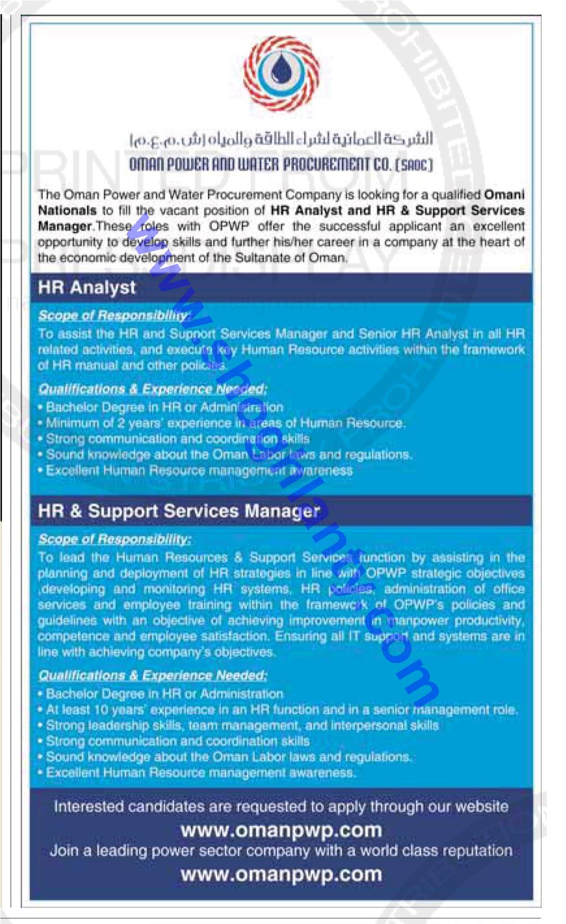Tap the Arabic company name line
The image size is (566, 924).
tap(281, 140)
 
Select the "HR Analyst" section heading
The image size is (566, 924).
tap(87, 287)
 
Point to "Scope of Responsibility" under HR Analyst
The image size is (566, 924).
tap(115, 315)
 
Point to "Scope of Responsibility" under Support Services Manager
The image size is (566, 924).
tap(115, 539)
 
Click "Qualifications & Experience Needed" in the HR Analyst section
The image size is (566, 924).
tap(153, 389)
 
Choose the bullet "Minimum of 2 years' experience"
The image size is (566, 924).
tap(225, 423)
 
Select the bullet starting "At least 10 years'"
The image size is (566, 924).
tap(282, 710)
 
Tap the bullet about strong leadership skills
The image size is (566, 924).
tap(242, 726)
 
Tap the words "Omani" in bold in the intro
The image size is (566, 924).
tap(504, 195)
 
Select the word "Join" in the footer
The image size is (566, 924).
tap(65, 851)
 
